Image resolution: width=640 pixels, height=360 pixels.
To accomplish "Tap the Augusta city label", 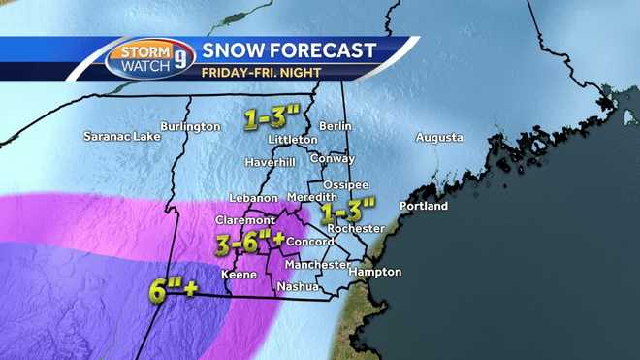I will coord(439,138).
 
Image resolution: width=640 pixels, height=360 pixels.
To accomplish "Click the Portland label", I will coord(423,207).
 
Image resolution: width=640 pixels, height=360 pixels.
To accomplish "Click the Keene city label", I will coord(240,275).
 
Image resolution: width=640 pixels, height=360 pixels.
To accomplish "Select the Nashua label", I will coord(294,286).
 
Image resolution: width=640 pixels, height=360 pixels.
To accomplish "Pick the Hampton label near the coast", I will coord(374,273).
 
